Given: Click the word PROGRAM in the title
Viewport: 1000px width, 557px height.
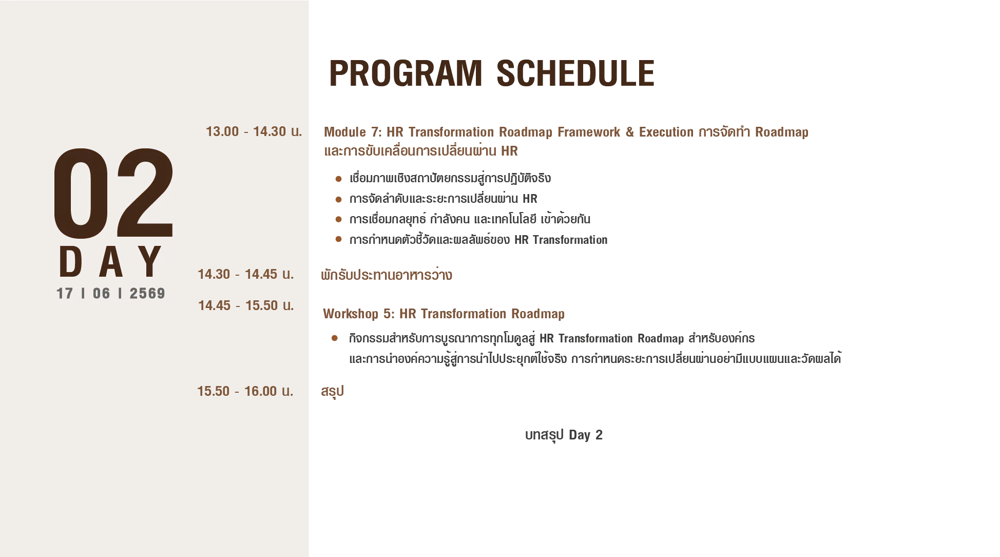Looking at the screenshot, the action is point(406,73).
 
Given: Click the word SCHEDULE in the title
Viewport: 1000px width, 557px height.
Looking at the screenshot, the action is point(575,73).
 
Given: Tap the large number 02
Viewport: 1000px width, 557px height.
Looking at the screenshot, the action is point(114,193).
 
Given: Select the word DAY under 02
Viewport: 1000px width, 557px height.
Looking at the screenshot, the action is point(110,262).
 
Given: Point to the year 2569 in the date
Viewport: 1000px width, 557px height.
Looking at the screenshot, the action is point(147,293).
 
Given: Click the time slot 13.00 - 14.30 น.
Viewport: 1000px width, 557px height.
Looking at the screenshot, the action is point(254,131).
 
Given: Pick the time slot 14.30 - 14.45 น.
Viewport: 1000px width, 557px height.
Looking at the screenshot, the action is point(246,274).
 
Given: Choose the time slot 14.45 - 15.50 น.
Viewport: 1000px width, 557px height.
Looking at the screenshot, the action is point(246,305).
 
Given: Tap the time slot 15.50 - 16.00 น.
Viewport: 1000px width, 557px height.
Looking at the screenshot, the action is point(245,391).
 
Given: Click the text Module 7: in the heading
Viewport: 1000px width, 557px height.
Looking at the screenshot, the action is point(353,132).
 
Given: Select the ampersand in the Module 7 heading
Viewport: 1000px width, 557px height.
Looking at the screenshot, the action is point(630,132).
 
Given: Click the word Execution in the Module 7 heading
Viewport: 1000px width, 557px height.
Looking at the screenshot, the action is point(666,132).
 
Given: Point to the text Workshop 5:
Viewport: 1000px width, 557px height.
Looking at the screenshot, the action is point(358,314).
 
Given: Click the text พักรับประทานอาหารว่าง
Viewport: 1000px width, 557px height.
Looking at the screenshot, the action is point(387,275).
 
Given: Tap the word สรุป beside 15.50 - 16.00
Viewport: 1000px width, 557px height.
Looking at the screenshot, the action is point(332,392).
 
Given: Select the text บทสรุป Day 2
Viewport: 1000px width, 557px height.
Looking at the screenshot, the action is point(564,435).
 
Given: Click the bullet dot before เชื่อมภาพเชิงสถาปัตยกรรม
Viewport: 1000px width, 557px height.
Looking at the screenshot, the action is point(338,179).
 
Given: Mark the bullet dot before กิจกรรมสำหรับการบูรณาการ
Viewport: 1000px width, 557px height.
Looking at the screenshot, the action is point(335,338).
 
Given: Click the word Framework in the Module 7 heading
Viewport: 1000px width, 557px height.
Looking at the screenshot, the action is point(589,132).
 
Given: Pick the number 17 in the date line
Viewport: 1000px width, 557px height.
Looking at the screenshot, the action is point(65,293).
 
